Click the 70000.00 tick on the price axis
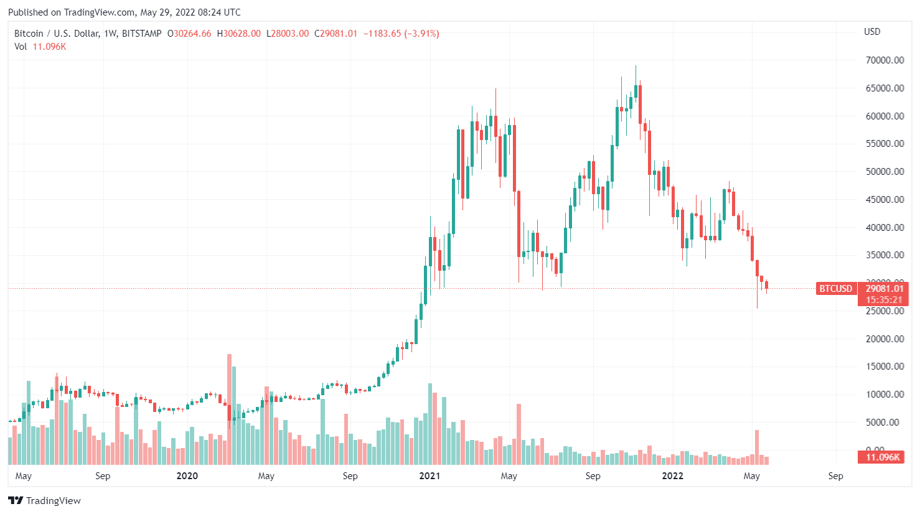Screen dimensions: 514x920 pos(885,60)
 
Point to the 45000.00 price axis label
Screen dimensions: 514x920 pos(885,200)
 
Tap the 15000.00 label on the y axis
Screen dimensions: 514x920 pos(885,367)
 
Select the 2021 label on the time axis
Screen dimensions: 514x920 pos(429,476)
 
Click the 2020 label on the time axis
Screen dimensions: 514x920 pos(187,476)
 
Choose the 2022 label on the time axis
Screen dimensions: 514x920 pos(672,476)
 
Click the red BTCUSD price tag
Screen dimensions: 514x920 pos(835,289)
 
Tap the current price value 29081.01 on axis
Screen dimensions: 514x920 pos(885,289)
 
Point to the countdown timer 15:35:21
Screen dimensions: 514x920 pos(885,300)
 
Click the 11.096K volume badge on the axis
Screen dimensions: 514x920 pos(883,457)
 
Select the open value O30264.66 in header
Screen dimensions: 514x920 pos(189,34)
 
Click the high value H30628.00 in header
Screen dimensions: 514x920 pos(238,34)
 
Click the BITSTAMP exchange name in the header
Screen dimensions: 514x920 pos(141,34)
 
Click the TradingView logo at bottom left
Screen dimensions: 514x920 pos(44,501)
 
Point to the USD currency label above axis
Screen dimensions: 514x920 pos(872,32)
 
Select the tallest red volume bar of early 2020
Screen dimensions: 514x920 pos(229,409)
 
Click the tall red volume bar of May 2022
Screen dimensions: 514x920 pos(757,447)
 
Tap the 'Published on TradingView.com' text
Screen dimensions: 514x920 pos(72,12)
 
